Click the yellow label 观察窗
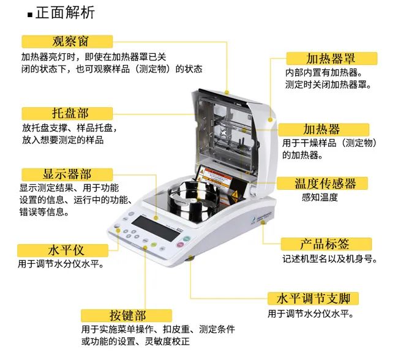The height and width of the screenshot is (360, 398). click(67, 42)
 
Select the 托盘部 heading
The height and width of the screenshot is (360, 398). click(67, 113)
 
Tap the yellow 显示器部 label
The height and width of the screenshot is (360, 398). click(67, 174)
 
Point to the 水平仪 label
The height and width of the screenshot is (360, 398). click(62, 250)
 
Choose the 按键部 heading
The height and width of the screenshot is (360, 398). click(126, 315)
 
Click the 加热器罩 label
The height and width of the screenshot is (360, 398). click(332, 59)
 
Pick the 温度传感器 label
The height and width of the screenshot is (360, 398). click(322, 183)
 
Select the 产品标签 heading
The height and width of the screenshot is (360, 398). click(326, 244)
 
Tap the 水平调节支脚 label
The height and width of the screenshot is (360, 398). click(314, 299)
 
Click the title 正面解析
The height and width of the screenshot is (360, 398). click(66, 12)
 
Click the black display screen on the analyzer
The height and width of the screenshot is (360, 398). click(156, 228)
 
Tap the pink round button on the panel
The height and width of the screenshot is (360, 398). click(180, 244)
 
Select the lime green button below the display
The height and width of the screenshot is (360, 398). click(154, 244)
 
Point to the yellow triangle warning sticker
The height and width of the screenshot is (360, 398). click(235, 195)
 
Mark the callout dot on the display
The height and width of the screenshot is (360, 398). click(156, 218)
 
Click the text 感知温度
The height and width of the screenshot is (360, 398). click(320, 197)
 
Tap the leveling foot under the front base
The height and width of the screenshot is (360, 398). click(191, 258)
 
